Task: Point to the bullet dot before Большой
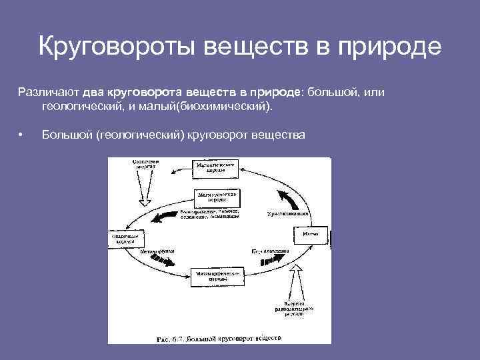coord(22,135)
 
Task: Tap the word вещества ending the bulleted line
coord(277,135)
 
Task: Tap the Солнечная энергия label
coord(143,165)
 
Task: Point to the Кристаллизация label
coord(286,214)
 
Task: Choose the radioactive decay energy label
coord(291,307)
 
